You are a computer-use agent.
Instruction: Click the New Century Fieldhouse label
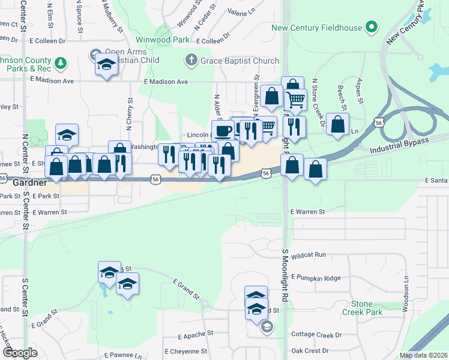tap(317, 28)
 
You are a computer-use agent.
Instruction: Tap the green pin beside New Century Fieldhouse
tap(372, 27)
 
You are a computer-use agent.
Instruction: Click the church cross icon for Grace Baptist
tap(191, 60)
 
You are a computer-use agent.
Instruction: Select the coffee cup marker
tap(223, 130)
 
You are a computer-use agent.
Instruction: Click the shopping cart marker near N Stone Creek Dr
tap(295, 100)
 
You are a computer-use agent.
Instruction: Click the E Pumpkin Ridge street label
tap(315, 278)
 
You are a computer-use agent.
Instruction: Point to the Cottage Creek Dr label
tap(316, 334)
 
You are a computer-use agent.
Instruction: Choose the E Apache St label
tap(196, 333)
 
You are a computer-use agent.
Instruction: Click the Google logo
tap(19, 353)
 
